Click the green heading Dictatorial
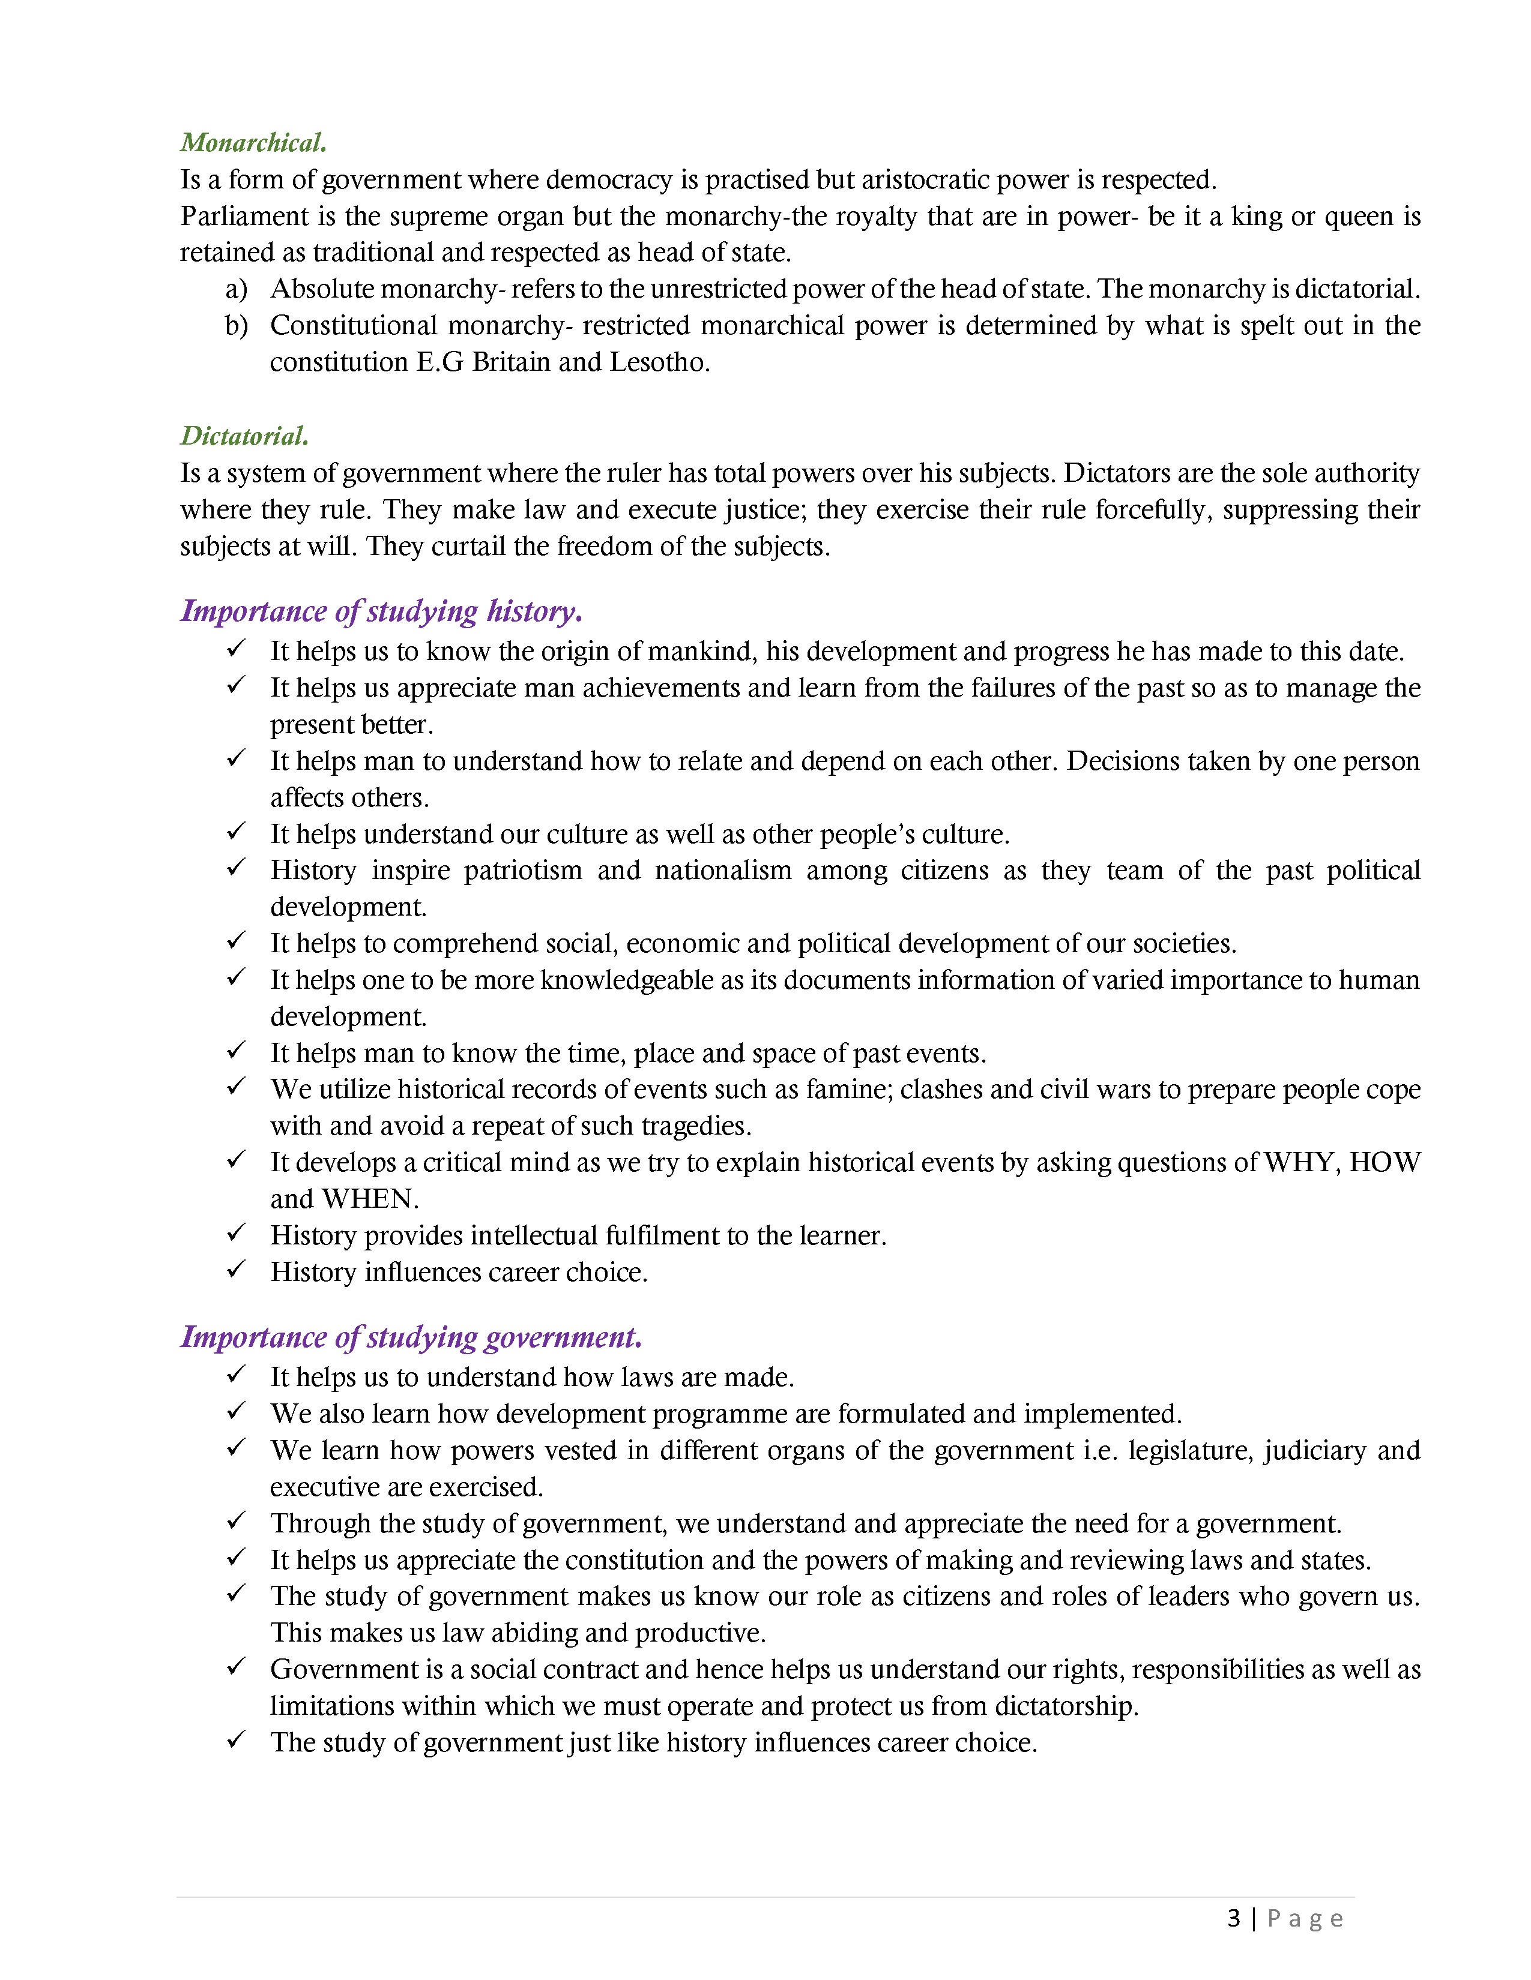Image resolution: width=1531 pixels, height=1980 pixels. pos(244,436)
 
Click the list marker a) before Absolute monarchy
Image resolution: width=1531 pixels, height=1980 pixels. pos(236,289)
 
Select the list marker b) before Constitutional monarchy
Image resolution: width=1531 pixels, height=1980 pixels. pos(236,325)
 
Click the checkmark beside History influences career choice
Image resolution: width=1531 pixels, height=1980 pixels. pos(236,1270)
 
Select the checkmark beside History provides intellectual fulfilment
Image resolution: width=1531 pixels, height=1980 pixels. pos(236,1234)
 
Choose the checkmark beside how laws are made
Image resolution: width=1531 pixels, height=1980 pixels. pos(236,1375)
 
